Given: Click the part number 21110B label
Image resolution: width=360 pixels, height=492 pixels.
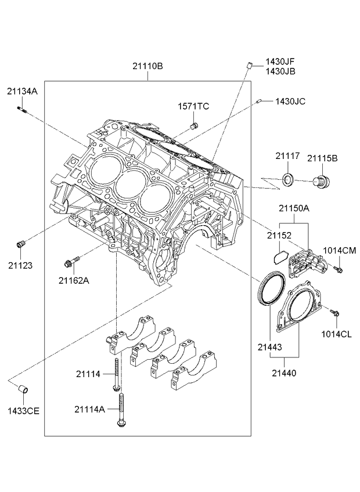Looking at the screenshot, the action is coord(147,66).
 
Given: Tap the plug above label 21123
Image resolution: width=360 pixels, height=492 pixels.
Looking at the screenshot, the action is coord(21,244).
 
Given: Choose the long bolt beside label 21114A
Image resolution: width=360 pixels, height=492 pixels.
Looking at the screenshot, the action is coord(120,410).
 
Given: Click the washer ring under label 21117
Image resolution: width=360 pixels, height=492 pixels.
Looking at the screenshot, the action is coord(288,179).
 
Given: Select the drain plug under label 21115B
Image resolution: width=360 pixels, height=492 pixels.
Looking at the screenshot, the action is coord(321,182).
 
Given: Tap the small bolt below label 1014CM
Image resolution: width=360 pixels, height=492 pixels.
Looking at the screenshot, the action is coord(338,269).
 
